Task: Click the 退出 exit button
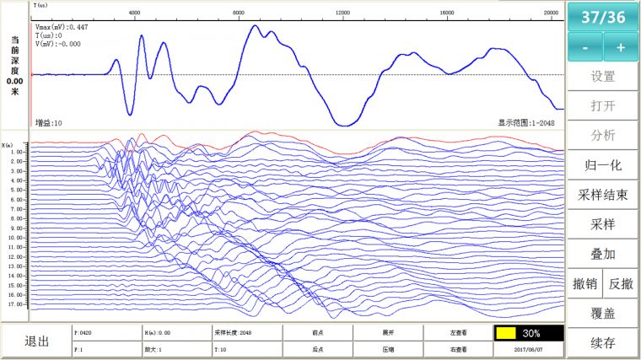click(36, 341)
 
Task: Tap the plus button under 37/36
click(621, 47)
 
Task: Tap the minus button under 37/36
click(584, 47)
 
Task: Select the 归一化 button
click(602, 164)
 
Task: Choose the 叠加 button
click(602, 253)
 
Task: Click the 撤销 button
click(584, 283)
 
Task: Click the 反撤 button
click(622, 283)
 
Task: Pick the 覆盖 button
click(602, 314)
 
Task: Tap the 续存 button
click(602, 343)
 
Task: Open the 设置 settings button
click(602, 76)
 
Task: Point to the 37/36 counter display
click(602, 16)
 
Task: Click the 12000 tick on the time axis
click(342, 13)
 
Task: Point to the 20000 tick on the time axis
click(551, 13)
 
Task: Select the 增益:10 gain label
click(48, 123)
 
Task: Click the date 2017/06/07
click(528, 348)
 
